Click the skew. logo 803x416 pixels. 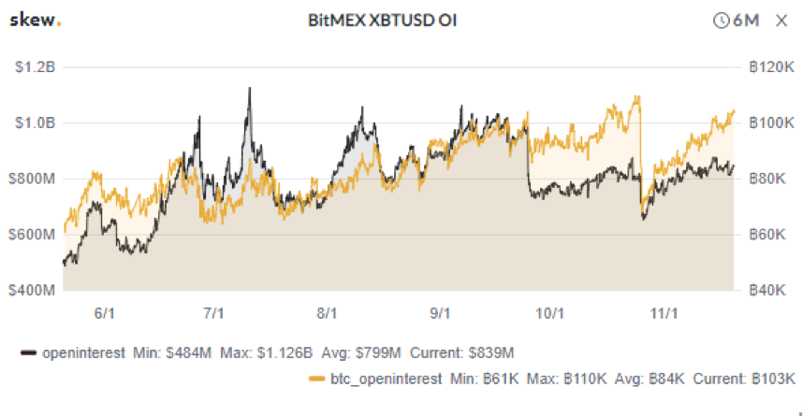(36, 20)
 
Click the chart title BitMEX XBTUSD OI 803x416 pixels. (382, 20)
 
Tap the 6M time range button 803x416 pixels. (736, 20)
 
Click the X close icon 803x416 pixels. (781, 20)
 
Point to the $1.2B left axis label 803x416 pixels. (35, 67)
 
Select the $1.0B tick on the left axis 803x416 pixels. (35, 123)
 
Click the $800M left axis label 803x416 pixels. (33, 179)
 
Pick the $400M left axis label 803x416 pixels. (33, 291)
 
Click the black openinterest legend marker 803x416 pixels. (28, 352)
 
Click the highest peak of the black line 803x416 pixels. (249, 88)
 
